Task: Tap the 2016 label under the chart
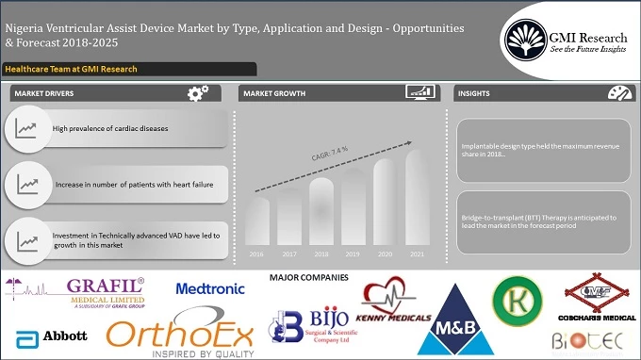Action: [x=257, y=254]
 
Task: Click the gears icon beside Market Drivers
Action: [x=198, y=93]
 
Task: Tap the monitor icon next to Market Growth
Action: [x=419, y=93]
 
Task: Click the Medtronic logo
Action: [x=210, y=288]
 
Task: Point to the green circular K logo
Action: [x=518, y=301]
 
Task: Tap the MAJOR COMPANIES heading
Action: [x=308, y=278]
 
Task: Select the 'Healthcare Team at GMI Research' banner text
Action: [x=71, y=69]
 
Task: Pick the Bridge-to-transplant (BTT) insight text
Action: [x=539, y=222]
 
